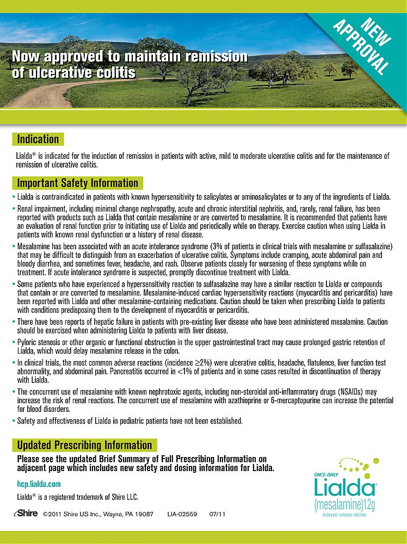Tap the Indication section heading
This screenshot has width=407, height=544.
(x=38, y=139)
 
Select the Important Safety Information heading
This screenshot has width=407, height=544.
(x=77, y=183)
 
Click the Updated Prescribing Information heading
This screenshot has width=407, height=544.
(x=84, y=445)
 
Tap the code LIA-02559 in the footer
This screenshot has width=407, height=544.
(x=182, y=514)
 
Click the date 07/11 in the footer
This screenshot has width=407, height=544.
(x=217, y=514)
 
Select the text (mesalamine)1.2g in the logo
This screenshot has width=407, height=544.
(x=344, y=504)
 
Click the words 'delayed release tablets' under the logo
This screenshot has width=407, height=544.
(x=344, y=514)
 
